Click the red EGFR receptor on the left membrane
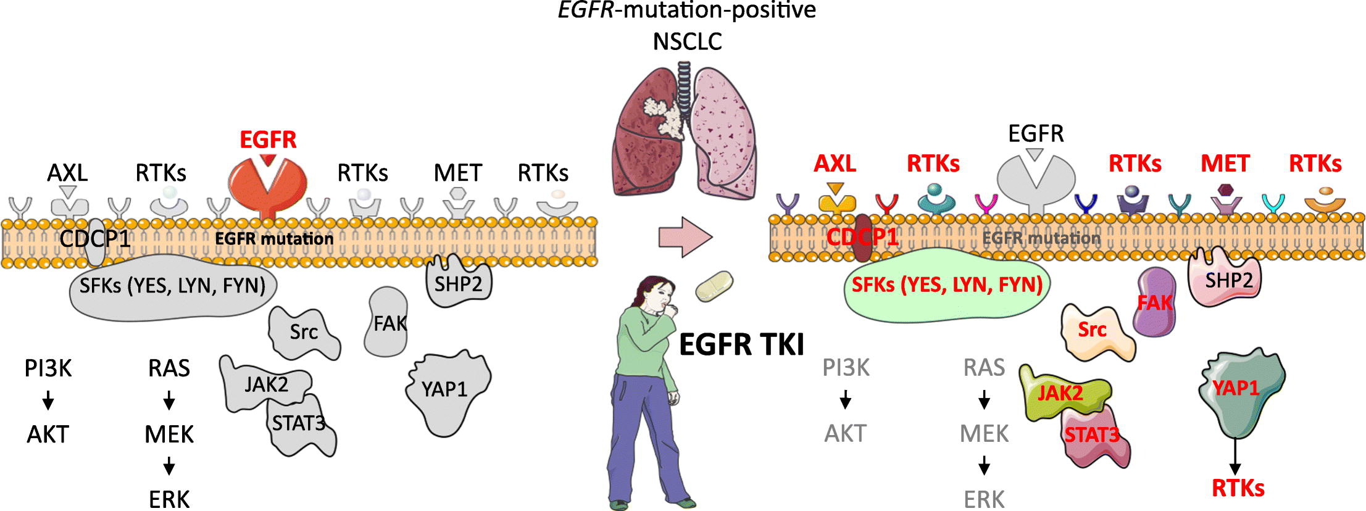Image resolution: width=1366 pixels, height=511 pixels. [x=267, y=182]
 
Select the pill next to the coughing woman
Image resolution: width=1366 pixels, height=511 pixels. [x=715, y=286]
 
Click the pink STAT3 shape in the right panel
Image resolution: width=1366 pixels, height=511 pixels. [x=1094, y=439]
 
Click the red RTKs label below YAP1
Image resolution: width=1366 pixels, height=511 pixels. [x=1238, y=488]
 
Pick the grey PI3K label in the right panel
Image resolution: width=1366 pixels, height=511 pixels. [x=846, y=368]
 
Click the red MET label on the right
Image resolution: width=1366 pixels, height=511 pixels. [x=1225, y=164]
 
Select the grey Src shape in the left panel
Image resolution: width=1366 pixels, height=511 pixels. [x=304, y=332]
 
